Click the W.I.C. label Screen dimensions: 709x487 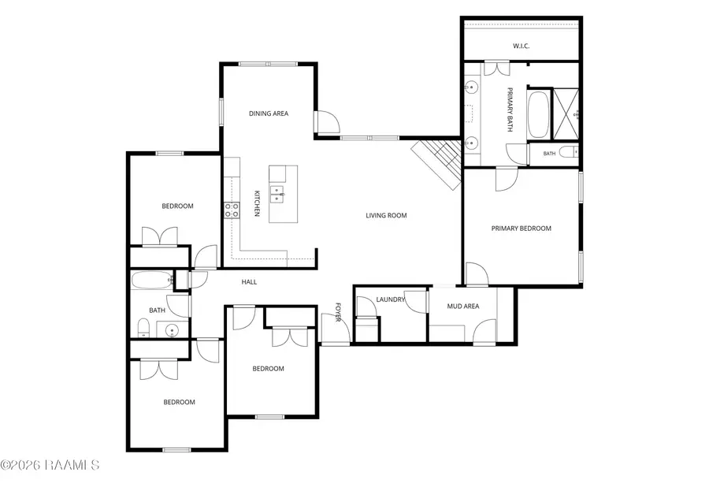click(x=521, y=46)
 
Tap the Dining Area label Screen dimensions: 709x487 click(x=269, y=113)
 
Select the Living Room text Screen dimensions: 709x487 click(x=386, y=216)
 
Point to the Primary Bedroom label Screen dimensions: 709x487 click(x=522, y=229)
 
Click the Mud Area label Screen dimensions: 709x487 click(x=463, y=306)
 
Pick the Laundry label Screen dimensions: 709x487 click(x=390, y=299)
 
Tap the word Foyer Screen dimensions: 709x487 click(x=337, y=312)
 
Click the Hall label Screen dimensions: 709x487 click(x=249, y=282)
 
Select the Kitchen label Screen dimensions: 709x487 click(x=256, y=203)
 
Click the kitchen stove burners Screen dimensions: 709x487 click(x=232, y=210)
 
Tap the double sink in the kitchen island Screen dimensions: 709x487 click(x=277, y=194)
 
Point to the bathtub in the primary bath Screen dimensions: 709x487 click(x=538, y=115)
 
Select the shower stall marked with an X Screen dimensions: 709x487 click(x=566, y=113)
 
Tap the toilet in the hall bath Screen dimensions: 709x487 click(x=143, y=327)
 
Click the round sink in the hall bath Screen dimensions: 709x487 click(x=173, y=330)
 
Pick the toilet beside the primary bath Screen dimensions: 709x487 click(x=569, y=152)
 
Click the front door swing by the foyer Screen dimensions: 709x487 click(x=336, y=329)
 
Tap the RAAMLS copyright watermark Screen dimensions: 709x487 click(x=50, y=465)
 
